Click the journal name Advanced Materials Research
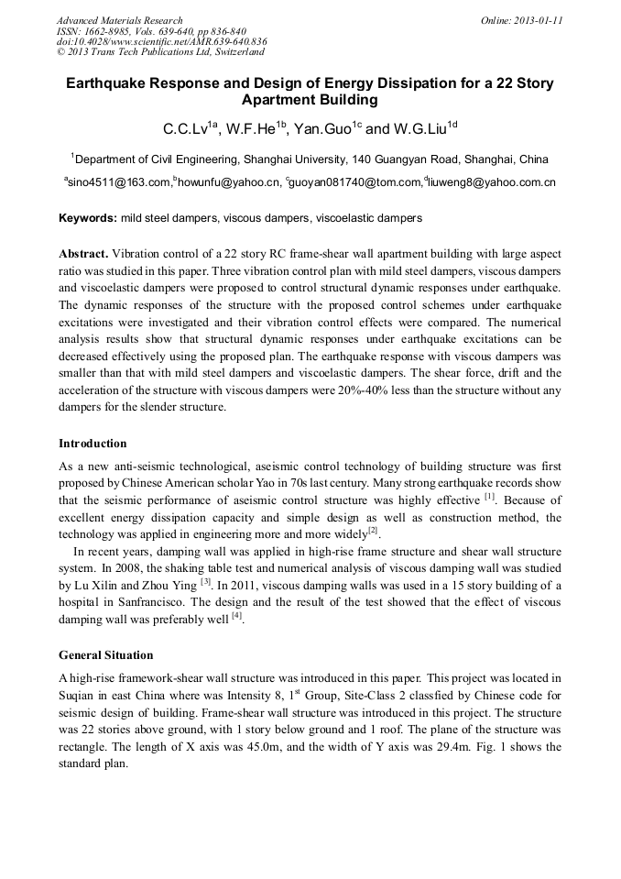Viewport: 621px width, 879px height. click(119, 20)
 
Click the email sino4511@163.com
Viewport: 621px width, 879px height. click(118, 182)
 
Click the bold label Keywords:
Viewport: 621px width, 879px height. click(88, 218)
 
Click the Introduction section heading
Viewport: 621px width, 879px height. click(93, 444)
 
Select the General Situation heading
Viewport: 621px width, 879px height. click(106, 655)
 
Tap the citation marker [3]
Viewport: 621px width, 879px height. click(206, 581)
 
